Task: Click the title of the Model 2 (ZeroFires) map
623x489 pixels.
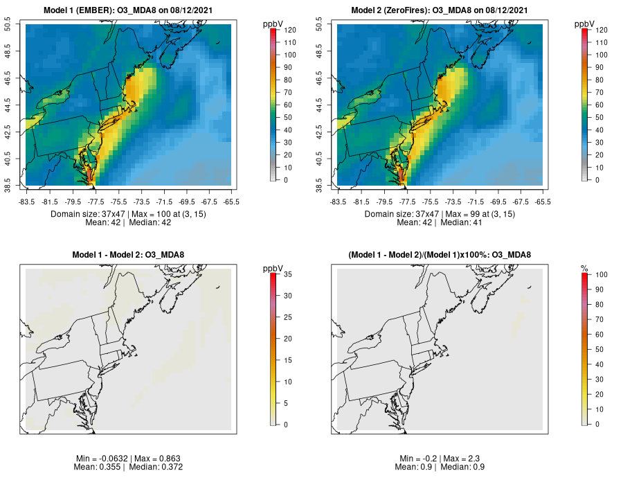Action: click(440, 10)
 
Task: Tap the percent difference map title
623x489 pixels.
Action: click(440, 255)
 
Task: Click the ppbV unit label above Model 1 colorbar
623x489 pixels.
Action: click(273, 24)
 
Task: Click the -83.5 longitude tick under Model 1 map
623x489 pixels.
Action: click(26, 202)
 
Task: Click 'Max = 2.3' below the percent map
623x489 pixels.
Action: click(458, 459)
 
